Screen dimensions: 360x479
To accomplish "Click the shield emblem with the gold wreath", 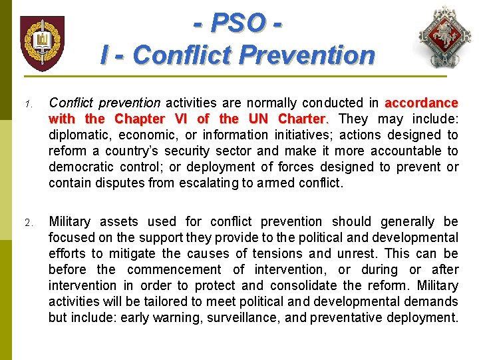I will tap(43, 43).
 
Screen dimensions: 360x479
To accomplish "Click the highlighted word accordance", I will tap(421, 103).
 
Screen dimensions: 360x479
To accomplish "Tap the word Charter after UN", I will tap(302, 119).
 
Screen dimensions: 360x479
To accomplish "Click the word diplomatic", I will tap(78, 135).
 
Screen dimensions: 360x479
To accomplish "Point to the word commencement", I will tap(174, 270).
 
